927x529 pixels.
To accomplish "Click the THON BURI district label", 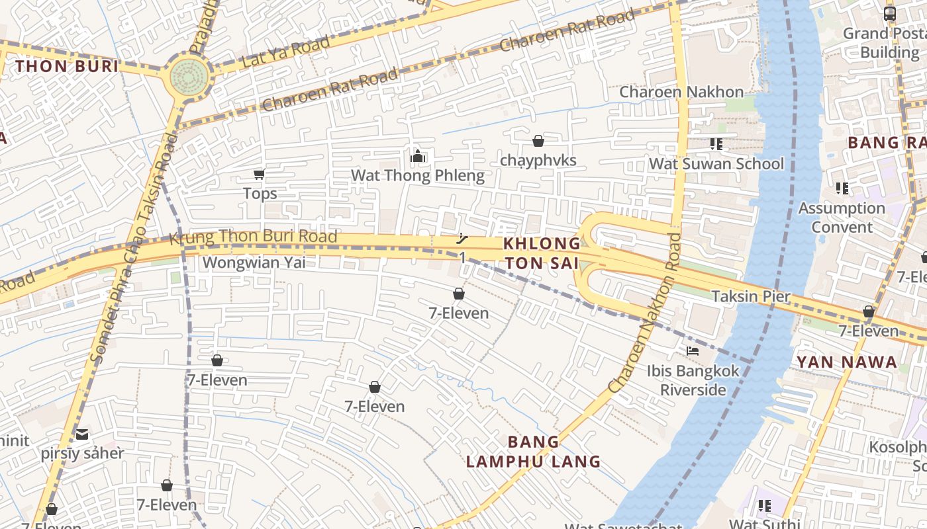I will point(67,66).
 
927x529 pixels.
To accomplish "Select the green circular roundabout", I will point(189,77).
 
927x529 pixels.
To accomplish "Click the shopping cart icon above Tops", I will point(259,175).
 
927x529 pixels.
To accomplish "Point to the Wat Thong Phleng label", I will point(417,176).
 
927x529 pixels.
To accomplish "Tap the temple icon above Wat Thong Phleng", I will point(417,157).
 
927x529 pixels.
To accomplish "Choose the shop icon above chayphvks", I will point(538,141).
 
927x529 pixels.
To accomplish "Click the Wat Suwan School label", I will point(716,163).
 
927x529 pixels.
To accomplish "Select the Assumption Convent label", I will point(842,218).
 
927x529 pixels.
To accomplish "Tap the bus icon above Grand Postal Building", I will point(889,13).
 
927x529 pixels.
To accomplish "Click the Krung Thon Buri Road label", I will point(253,236).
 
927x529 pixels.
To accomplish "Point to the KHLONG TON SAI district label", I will point(542,253).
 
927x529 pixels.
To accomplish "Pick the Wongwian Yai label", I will point(254,263).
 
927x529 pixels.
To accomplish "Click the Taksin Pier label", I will point(750,296).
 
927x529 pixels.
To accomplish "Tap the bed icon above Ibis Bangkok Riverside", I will point(693,350).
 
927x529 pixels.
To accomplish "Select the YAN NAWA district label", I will point(846,362).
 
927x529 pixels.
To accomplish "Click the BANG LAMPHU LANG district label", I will point(533,452).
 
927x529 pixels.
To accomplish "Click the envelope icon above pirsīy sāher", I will point(82,434).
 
